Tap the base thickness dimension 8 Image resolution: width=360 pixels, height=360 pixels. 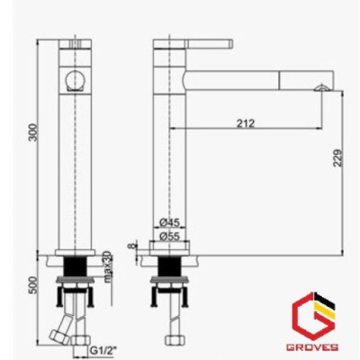(131, 244)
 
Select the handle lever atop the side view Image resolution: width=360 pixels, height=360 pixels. (195, 42)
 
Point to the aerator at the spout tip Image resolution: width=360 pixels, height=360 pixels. (319, 87)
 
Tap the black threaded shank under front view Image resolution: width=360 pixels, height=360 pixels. (77, 267)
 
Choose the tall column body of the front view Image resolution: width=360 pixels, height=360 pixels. (76, 162)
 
